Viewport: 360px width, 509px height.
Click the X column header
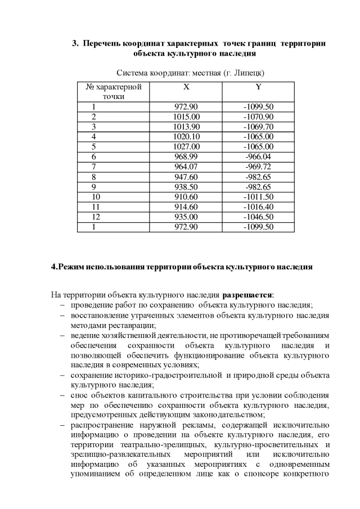[186, 87]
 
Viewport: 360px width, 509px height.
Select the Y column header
[258, 87]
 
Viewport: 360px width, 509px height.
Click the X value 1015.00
[187, 116]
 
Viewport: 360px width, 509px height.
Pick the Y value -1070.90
[258, 116]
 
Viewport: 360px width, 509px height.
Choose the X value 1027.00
[187, 147]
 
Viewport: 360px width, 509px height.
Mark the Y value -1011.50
[258, 197]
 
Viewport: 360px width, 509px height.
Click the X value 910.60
[187, 197]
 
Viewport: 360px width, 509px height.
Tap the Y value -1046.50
[258, 217]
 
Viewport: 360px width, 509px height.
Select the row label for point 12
[94, 217]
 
